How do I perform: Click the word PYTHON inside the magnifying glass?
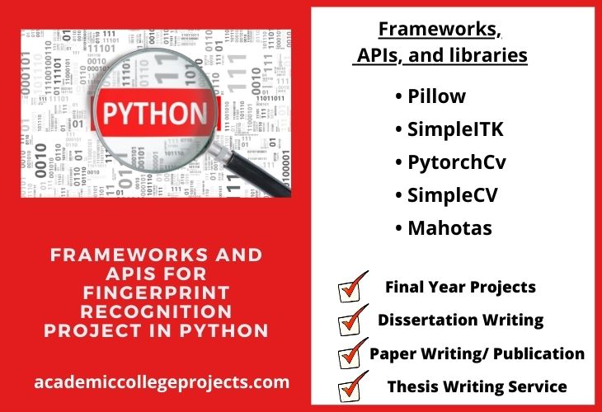pyautogui.click(x=155, y=114)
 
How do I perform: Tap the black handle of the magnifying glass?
pyautogui.click(x=257, y=173)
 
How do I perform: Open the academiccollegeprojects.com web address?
pyautogui.click(x=162, y=382)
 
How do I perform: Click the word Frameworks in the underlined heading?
pyautogui.click(x=436, y=29)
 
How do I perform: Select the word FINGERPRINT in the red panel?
pyautogui.click(x=156, y=293)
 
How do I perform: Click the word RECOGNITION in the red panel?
pyautogui.click(x=156, y=311)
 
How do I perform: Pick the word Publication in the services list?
pyautogui.click(x=539, y=353)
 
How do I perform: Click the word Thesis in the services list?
pyautogui.click(x=407, y=386)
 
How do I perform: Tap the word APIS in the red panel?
pyautogui.click(x=130, y=274)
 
